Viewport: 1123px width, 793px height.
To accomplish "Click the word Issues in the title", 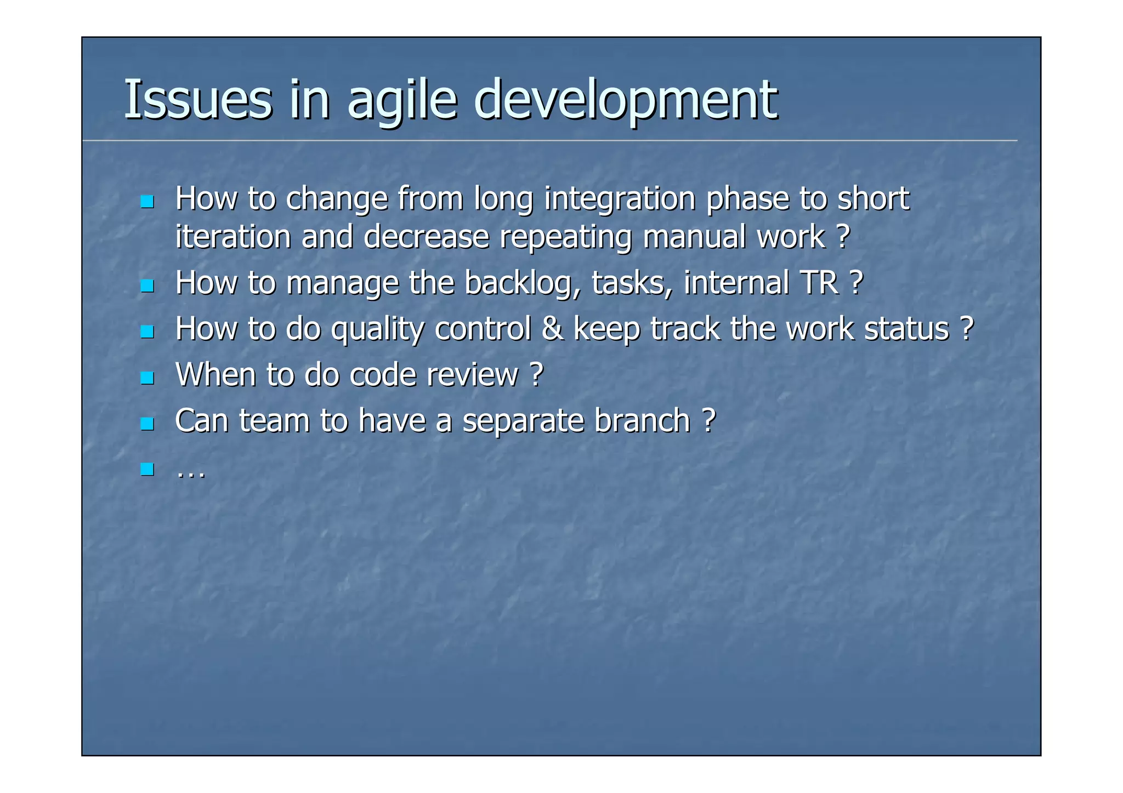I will tap(197, 100).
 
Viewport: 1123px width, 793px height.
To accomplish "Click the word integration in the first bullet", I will tap(620, 198).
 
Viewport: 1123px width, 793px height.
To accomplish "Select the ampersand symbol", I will tap(552, 329).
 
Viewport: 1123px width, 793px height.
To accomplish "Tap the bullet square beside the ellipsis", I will tap(146, 469).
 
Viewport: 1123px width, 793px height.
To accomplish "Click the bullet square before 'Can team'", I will tap(146, 423).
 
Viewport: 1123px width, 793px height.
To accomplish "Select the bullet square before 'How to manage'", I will tap(146, 286).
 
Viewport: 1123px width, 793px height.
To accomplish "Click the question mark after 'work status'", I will tap(967, 329).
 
